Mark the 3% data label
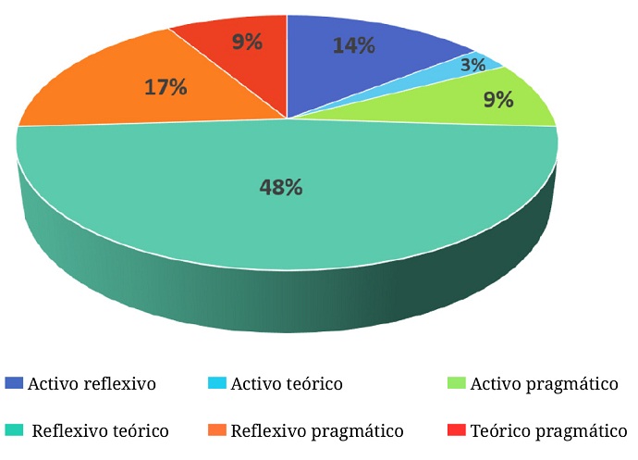(472, 66)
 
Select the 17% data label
(166, 88)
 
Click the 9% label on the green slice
(498, 99)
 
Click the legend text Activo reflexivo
(92, 383)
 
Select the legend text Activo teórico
(287, 383)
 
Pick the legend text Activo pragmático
(544, 383)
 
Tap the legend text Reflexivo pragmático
(317, 431)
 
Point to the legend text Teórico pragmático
(548, 431)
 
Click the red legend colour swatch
(457, 430)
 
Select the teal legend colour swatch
(14, 430)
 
